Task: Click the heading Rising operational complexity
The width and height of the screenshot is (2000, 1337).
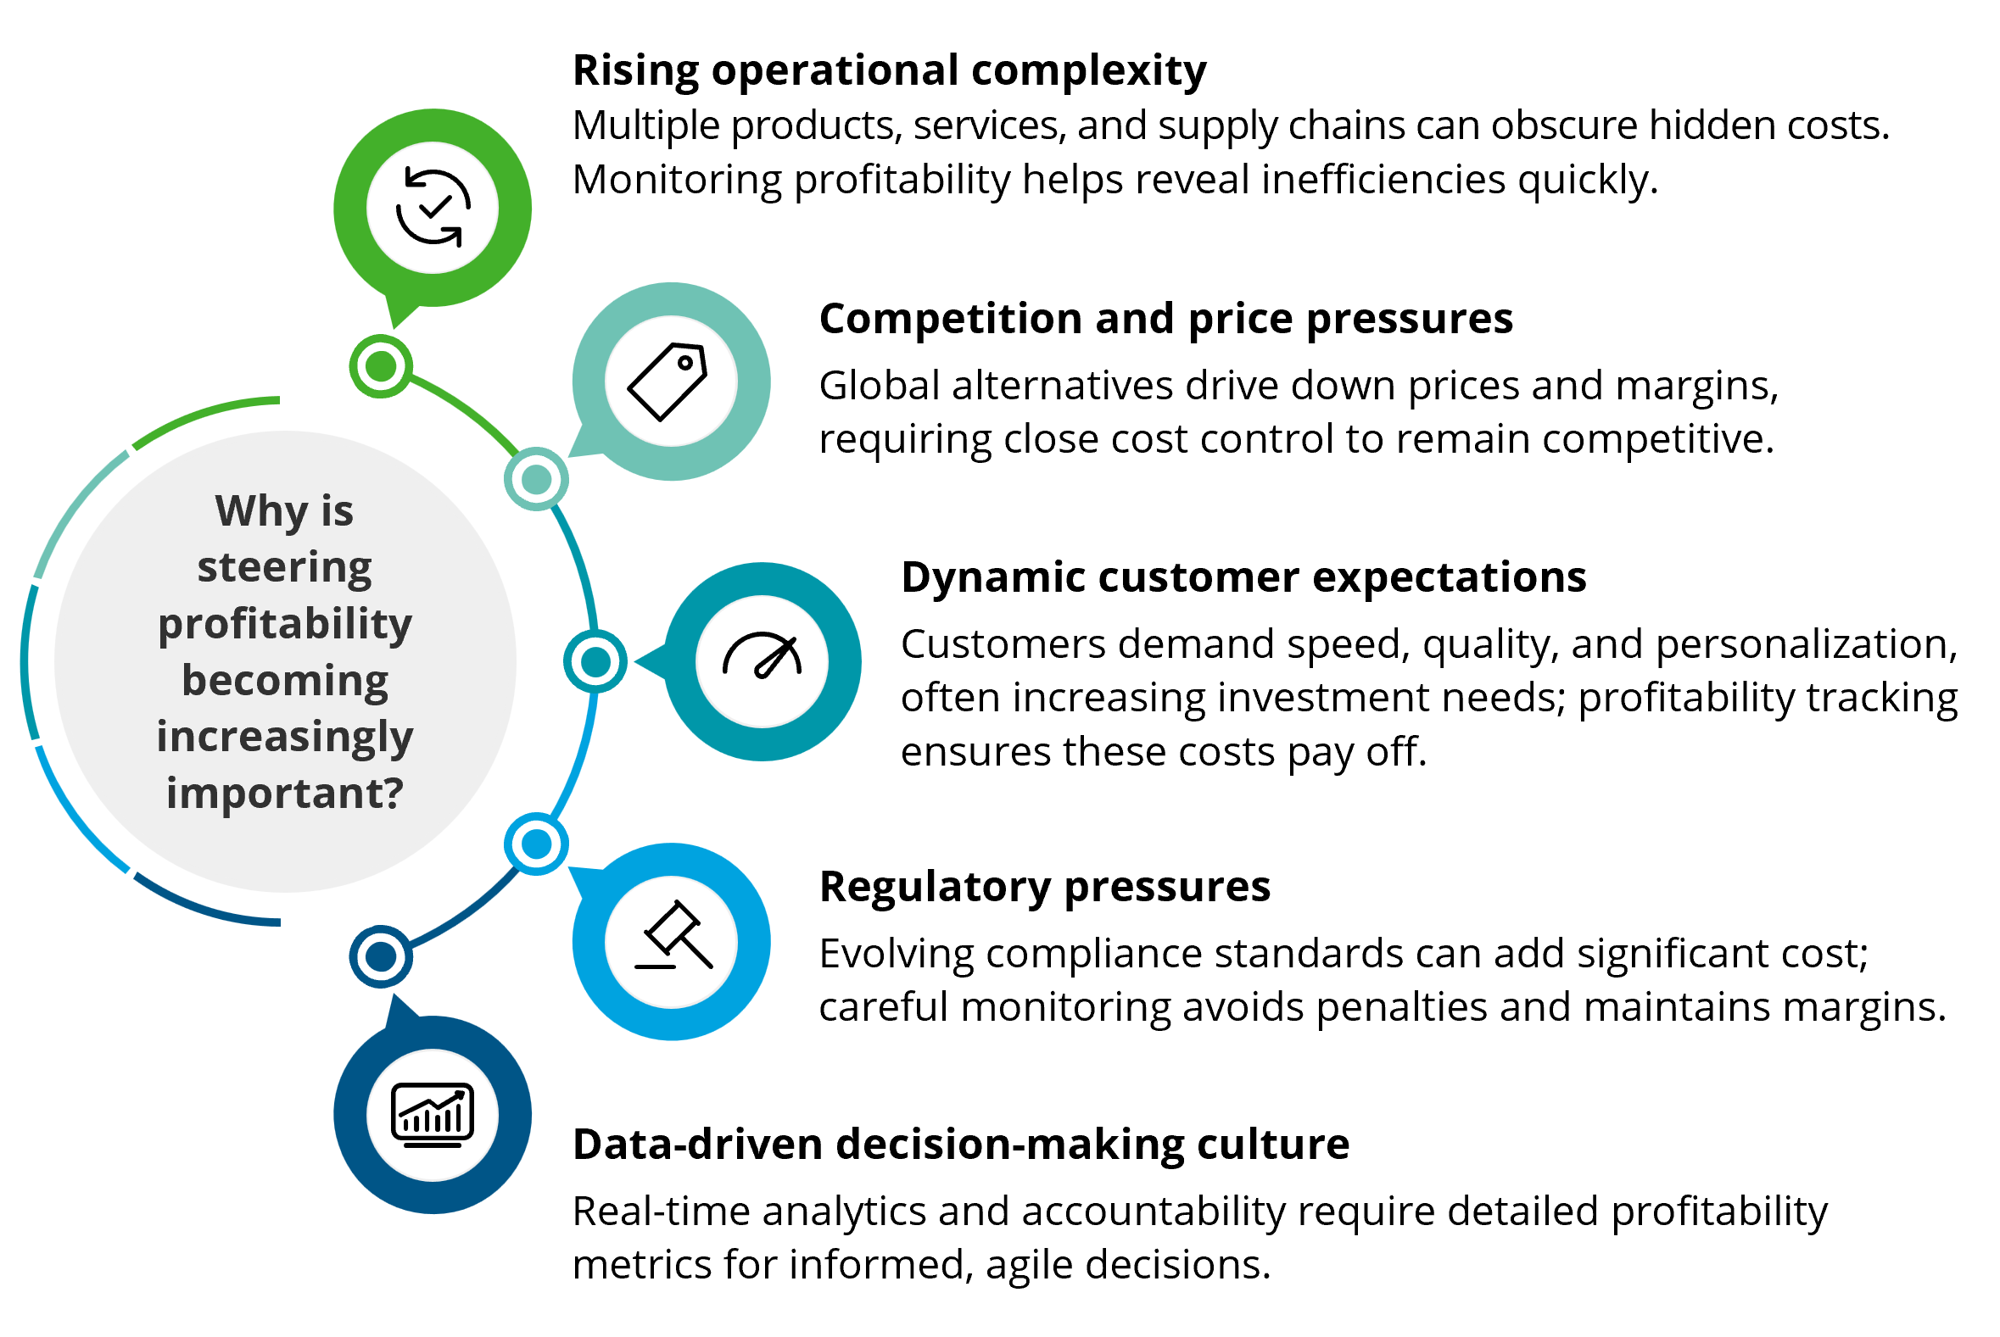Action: pos(889,70)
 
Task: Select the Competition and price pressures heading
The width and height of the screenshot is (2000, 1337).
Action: pos(1165,320)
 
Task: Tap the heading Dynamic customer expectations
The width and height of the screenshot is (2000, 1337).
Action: pos(1243,578)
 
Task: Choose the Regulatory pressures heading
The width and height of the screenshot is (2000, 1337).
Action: pos(1044,888)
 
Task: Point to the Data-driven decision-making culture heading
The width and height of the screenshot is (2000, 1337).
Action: pos(960,1145)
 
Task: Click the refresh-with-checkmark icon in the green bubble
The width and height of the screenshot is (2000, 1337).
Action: pos(433,207)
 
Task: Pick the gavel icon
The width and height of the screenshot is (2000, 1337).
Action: pos(672,940)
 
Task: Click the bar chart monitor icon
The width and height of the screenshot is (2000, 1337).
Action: pos(433,1115)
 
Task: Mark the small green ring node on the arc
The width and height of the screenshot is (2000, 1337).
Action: pos(380,366)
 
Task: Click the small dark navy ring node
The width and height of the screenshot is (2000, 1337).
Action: pos(380,956)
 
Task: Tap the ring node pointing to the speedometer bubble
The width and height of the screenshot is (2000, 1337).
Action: pos(595,661)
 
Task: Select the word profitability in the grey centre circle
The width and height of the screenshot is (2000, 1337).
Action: pos(285,624)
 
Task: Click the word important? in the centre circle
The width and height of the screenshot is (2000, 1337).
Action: pos(285,794)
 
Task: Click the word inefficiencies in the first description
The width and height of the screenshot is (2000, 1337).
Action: pos(1383,180)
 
